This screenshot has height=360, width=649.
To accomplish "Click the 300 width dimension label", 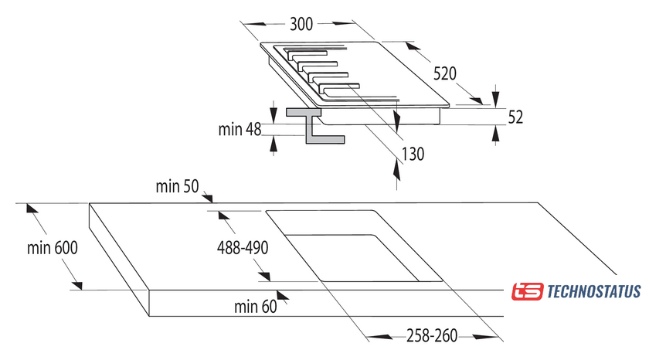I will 301,24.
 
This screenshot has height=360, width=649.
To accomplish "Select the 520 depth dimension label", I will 445,74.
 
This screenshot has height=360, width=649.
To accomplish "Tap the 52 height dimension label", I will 516,117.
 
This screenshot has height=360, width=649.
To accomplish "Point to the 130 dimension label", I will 413,154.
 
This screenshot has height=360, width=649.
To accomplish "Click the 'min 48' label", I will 240,129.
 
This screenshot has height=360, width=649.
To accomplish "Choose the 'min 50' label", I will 178,186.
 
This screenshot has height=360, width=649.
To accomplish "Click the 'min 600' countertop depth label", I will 53,248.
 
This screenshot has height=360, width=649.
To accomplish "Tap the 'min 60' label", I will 255,307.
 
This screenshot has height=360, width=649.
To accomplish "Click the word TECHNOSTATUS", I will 593,291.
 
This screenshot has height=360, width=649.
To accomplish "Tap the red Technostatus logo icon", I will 528,291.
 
